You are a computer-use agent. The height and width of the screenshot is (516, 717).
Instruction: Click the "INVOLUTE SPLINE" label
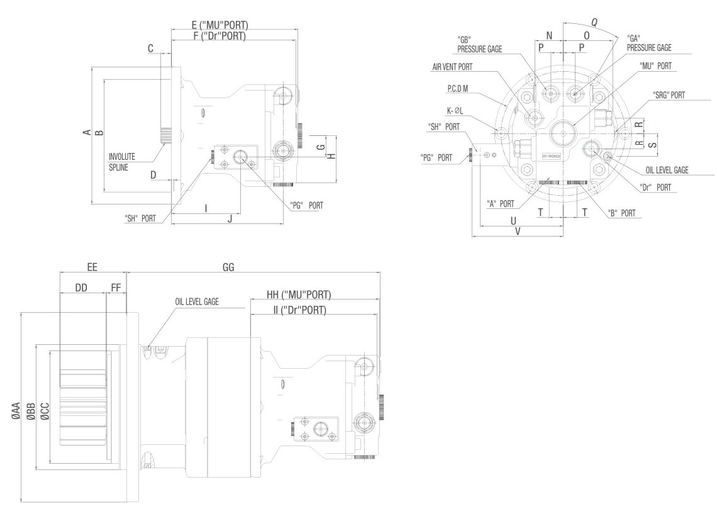[121, 162]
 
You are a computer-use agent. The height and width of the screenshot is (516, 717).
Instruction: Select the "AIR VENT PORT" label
[452, 67]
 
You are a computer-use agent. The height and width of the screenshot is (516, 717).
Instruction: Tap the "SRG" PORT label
[669, 95]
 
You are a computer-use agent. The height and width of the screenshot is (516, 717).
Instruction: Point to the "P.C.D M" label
[458, 89]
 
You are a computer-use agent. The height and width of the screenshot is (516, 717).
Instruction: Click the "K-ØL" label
[455, 110]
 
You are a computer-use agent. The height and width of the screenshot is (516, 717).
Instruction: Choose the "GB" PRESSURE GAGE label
[480, 45]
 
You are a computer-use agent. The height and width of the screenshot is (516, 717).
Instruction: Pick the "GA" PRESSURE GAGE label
[649, 43]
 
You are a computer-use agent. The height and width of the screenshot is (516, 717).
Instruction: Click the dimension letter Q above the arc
[594, 22]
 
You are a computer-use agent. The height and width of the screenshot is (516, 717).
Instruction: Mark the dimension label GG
[228, 267]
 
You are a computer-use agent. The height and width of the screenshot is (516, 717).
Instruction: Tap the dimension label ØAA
[16, 410]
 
